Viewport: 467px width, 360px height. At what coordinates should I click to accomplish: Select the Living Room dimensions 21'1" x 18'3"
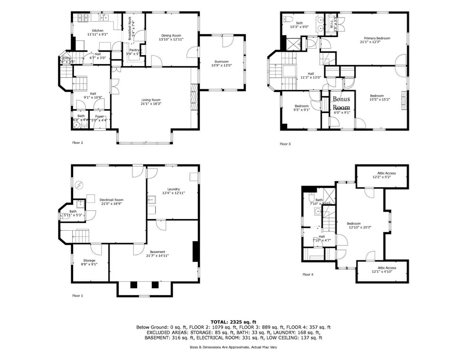click(x=151, y=104)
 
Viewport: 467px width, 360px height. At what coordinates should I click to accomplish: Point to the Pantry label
click(x=132, y=50)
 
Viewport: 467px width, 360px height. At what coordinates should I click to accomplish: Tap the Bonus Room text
click(x=341, y=104)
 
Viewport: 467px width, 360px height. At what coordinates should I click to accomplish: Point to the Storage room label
click(x=89, y=260)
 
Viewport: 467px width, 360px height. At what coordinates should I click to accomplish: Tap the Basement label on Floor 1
click(x=157, y=252)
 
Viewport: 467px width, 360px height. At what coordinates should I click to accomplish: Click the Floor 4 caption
click(x=308, y=275)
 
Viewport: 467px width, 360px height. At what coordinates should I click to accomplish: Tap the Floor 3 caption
click(x=285, y=144)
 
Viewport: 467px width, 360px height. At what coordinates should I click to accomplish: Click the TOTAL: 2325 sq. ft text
click(x=233, y=322)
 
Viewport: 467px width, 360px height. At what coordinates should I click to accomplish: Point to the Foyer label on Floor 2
click(x=99, y=116)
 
